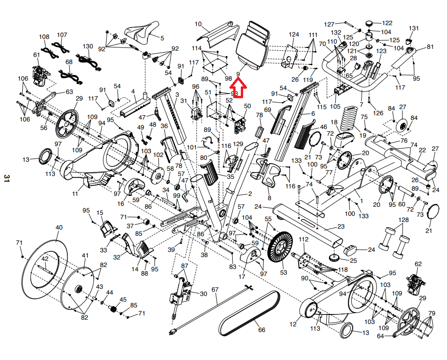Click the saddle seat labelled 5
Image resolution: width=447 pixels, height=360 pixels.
[142, 33]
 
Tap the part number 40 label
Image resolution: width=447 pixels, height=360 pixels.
[59, 228]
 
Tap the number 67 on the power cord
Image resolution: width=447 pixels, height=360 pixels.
[215, 289]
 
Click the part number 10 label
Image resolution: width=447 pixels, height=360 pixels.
[198, 24]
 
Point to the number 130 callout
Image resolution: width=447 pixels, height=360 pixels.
[88, 46]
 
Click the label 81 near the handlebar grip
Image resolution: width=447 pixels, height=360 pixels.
[430, 47]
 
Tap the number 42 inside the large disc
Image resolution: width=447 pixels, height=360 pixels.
[45, 258]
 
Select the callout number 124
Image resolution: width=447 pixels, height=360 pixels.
[294, 35]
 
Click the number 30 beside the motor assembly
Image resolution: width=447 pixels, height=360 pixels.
[203, 294]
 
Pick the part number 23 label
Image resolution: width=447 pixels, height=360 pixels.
[340, 227]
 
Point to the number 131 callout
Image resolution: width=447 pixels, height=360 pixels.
[414, 28]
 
